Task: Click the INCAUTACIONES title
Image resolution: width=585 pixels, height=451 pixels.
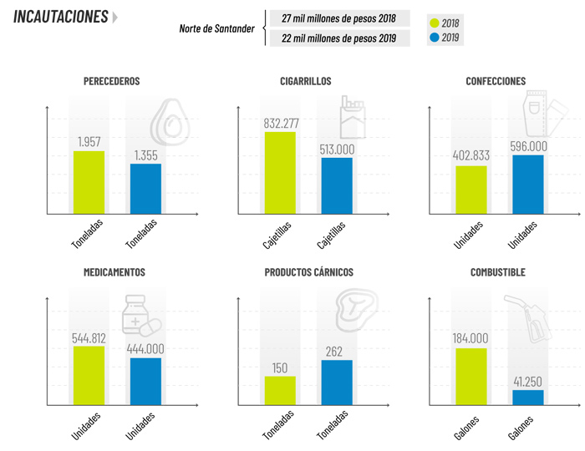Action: [x=61, y=17]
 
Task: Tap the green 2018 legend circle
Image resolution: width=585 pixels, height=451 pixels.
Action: [x=433, y=22]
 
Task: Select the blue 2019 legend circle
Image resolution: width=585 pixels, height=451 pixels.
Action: [x=433, y=38]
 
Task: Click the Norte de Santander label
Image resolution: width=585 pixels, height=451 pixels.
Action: [x=216, y=28]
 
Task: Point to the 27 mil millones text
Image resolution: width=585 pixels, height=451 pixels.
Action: [x=338, y=18]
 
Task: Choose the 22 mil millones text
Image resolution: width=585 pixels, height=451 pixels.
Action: [x=338, y=38]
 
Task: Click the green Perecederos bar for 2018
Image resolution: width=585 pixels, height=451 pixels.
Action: [x=89, y=182]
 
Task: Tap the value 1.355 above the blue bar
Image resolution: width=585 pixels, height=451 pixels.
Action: [x=145, y=155]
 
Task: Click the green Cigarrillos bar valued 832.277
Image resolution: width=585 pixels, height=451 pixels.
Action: [x=280, y=173]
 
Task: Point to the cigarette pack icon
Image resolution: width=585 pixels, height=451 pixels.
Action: [x=352, y=117]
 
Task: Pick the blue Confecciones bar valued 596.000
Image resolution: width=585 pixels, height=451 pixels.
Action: [x=528, y=185]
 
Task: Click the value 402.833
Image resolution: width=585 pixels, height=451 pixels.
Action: [x=471, y=156]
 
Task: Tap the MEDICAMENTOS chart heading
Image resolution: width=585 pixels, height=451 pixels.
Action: [x=114, y=272]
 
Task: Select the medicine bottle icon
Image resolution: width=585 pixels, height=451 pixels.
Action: [x=140, y=316]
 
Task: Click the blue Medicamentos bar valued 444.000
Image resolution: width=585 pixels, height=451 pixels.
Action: [x=145, y=381]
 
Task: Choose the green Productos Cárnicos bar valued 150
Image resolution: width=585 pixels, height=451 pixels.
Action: [x=280, y=390]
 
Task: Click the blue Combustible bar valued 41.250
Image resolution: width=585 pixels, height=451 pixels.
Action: [x=528, y=397]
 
